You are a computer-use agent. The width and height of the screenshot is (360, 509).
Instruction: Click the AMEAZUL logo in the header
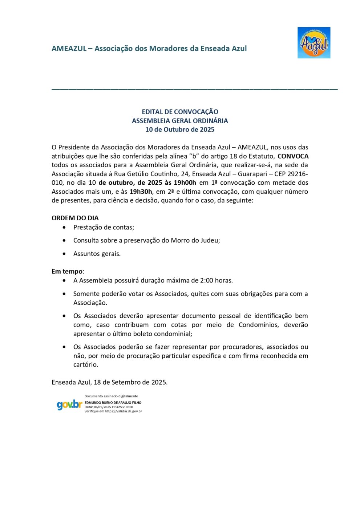click(314, 43)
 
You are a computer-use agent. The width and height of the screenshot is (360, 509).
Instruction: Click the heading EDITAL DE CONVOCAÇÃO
click(180, 112)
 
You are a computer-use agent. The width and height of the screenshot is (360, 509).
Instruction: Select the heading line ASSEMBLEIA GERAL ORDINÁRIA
click(180, 121)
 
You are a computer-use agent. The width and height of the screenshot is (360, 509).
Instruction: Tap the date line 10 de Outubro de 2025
click(180, 130)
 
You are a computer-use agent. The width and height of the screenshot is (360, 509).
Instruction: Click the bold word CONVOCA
click(293, 156)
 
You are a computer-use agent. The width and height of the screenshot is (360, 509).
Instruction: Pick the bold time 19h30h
click(141, 192)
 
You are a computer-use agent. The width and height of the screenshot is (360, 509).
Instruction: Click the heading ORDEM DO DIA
click(75, 218)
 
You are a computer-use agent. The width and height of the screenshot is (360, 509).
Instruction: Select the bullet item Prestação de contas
click(104, 228)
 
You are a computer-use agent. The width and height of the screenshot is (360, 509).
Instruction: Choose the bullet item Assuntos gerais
click(97, 254)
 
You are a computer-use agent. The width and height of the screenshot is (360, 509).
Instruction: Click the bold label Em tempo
click(67, 272)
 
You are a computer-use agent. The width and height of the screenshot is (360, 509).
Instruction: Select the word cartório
click(85, 365)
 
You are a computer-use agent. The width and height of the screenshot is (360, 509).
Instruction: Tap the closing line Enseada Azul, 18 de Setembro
click(109, 382)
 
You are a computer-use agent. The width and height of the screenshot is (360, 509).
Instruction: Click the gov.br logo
click(69, 405)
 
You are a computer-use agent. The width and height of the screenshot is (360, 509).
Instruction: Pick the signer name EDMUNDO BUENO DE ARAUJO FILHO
click(113, 403)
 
